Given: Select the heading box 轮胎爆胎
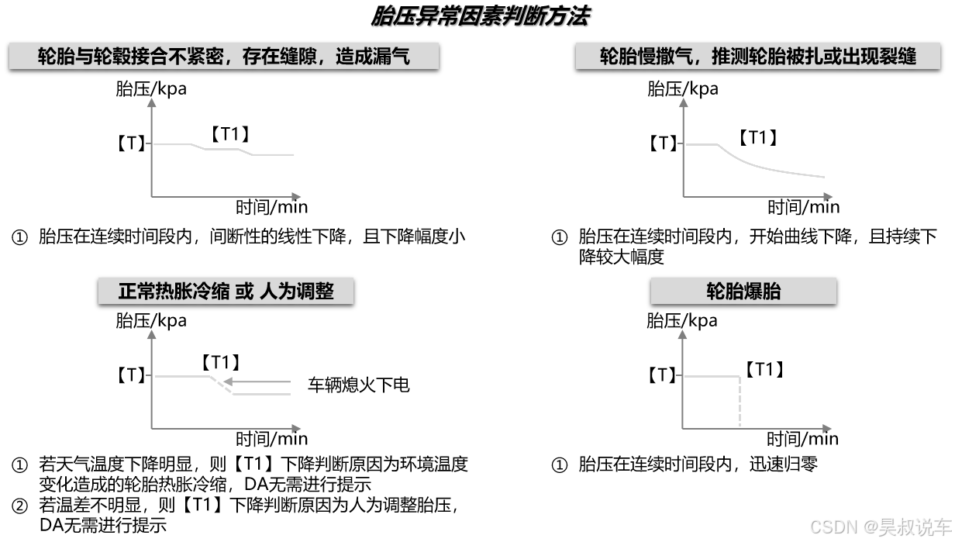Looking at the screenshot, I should (x=743, y=292).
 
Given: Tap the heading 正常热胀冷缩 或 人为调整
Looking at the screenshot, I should (x=226, y=292).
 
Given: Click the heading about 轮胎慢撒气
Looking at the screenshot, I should (x=757, y=57).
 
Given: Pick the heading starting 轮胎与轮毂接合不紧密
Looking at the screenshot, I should (x=223, y=57).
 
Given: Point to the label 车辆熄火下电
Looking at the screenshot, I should (x=358, y=385).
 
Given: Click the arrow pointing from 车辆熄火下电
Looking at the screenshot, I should (x=264, y=381).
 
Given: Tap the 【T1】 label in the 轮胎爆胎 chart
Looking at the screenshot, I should (x=764, y=370).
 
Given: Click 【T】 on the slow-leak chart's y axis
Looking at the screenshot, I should (x=663, y=143).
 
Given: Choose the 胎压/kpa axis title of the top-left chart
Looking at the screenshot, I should (x=151, y=88).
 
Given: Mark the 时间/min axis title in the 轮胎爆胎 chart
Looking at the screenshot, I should (x=802, y=439).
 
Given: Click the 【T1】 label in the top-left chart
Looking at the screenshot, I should (x=230, y=134).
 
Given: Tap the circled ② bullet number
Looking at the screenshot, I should (x=19, y=506).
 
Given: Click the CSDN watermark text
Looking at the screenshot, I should (x=881, y=527).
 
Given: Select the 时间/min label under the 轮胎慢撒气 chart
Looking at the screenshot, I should (x=803, y=207).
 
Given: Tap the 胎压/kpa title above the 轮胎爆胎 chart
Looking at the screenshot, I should (x=682, y=320).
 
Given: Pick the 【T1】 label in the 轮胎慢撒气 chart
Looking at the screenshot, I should (x=757, y=138).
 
